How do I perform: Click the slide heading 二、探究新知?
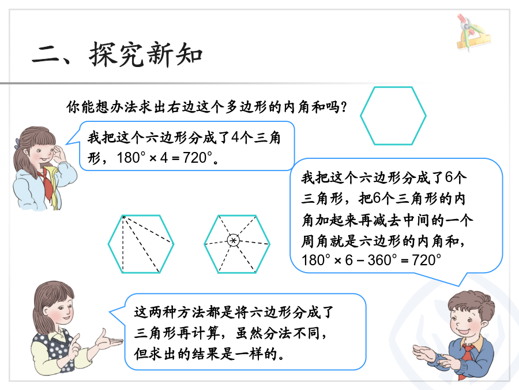click(x=117, y=54)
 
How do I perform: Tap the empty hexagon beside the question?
click(x=393, y=87)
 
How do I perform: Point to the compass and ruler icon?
click(x=473, y=32)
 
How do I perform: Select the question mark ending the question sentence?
click(x=344, y=107)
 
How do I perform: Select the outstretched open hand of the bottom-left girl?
click(x=108, y=341)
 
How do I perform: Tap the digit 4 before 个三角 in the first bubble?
click(x=234, y=138)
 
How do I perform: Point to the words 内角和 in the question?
click(x=304, y=107)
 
